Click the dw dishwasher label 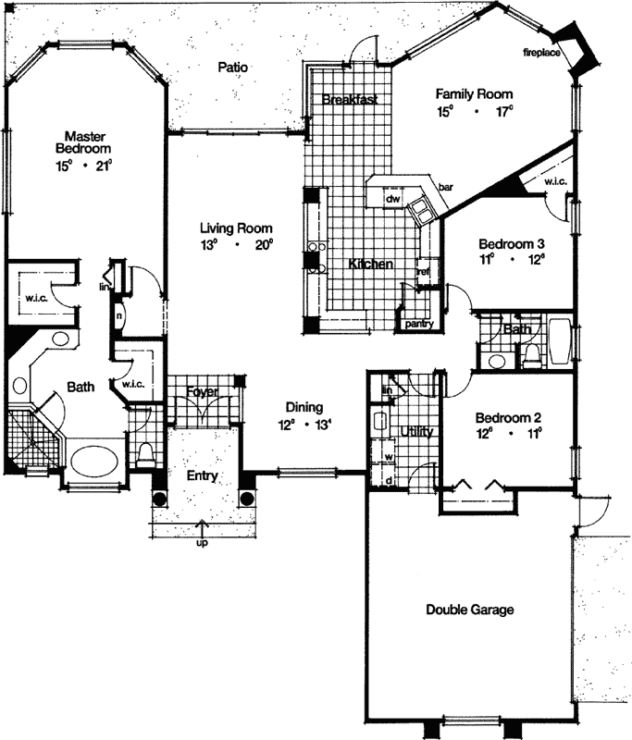(x=392, y=198)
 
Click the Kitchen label (x=371, y=265)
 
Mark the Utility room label (x=417, y=432)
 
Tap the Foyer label (x=202, y=391)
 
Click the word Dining (x=304, y=407)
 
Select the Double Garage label (x=469, y=610)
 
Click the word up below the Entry (x=202, y=543)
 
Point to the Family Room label (x=475, y=94)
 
